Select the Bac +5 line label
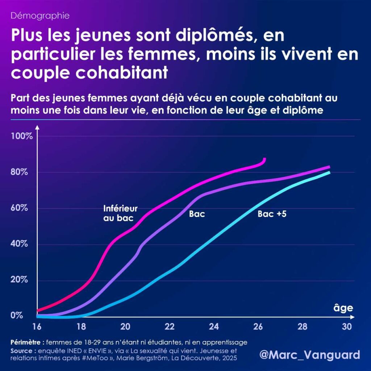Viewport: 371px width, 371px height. pyautogui.click(x=272, y=214)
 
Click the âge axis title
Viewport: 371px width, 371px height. pyautogui.click(x=343, y=308)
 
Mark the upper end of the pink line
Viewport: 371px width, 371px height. pyautogui.click(x=264, y=159)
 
